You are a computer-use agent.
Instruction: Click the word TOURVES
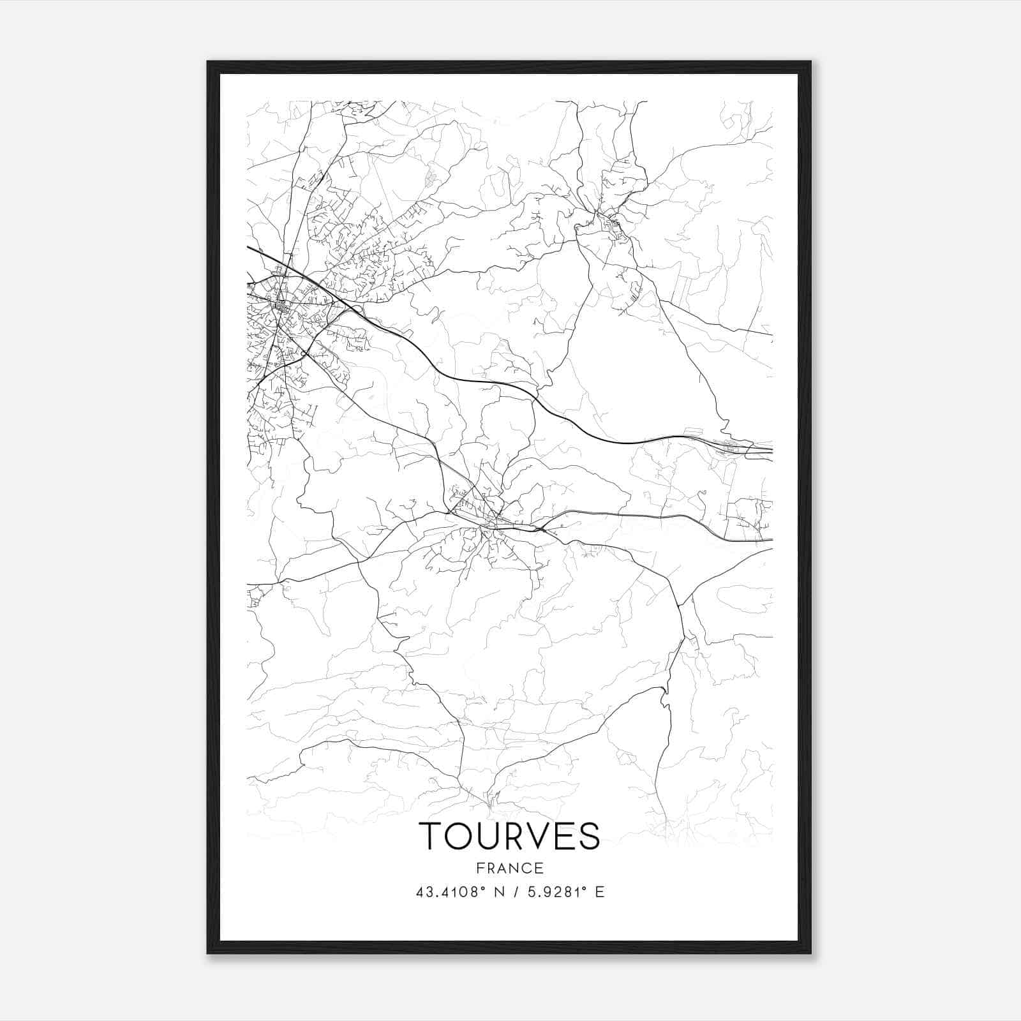pyautogui.click(x=509, y=835)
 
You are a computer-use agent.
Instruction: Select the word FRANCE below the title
pyautogui.click(x=509, y=868)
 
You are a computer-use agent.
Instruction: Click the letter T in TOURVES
pyautogui.click(x=430, y=835)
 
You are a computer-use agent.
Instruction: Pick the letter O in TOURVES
pyautogui.click(x=458, y=835)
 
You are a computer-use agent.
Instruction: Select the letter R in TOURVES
pyautogui.click(x=511, y=835)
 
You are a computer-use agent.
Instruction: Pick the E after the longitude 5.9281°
pyautogui.click(x=599, y=892)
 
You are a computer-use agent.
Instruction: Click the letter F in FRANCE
pyautogui.click(x=480, y=868)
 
